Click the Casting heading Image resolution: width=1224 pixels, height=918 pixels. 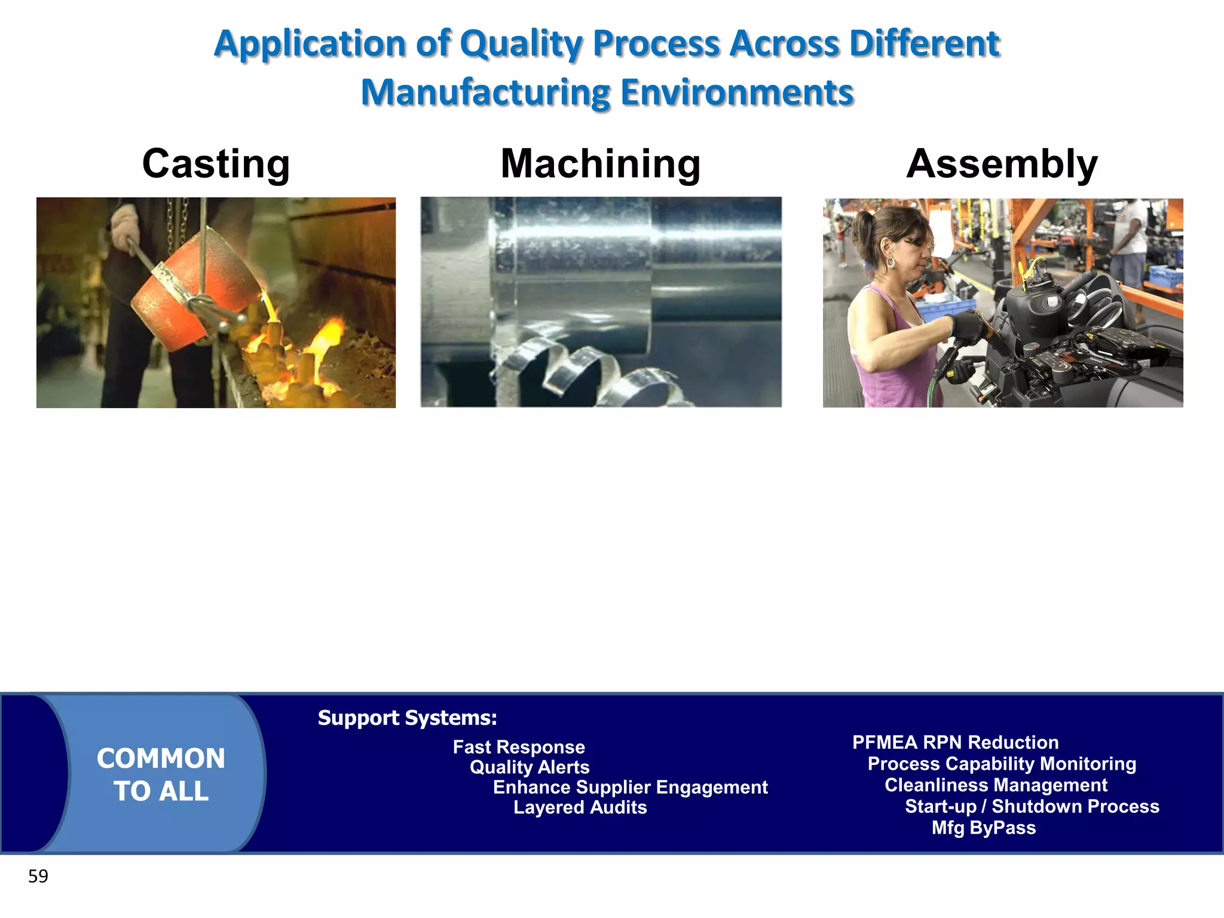point(216,164)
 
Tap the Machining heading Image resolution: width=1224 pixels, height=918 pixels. point(600,164)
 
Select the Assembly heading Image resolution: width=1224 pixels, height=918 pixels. point(1002,164)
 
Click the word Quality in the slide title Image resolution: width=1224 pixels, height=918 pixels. point(520,44)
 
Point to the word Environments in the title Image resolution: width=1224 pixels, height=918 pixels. point(736,93)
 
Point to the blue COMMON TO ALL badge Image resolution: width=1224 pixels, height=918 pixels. point(161,774)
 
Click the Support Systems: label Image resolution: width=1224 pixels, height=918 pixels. point(407,718)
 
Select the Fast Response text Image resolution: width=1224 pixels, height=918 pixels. point(519,747)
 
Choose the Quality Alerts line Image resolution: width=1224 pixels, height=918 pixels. point(530,767)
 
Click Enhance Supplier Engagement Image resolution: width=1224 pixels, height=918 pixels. point(630,788)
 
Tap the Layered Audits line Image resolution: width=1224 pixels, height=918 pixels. point(580,807)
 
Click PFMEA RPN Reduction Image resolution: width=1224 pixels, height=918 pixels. point(955,743)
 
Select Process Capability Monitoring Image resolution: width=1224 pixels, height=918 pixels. point(1002,764)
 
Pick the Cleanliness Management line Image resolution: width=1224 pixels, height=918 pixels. point(996,785)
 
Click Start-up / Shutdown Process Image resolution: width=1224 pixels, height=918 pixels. point(1032,807)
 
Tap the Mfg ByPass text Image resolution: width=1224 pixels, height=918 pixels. point(984,828)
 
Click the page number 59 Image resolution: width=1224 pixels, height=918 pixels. point(38,876)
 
